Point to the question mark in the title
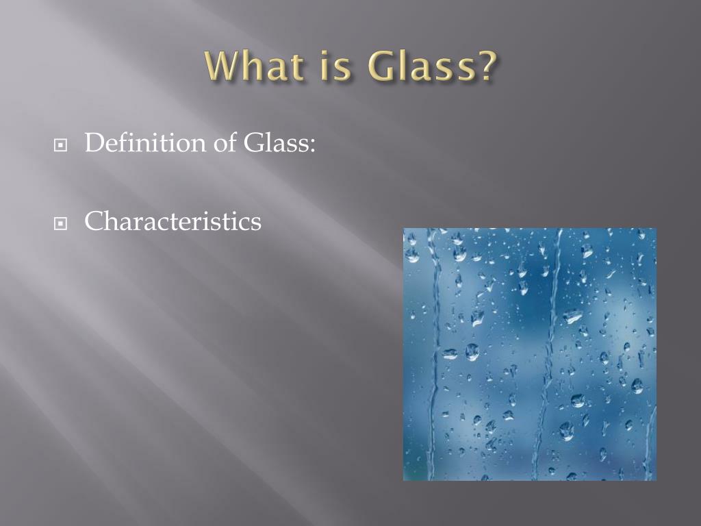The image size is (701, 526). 483,66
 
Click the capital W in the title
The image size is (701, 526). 222,66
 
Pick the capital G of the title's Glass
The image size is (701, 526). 381,66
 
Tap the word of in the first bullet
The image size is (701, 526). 223,143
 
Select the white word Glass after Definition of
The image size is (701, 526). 275,143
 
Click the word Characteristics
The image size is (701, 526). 173,221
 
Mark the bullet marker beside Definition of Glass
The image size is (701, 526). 62,146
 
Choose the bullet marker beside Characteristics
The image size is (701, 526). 62,224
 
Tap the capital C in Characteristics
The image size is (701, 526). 94,221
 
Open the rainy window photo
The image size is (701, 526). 529,354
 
